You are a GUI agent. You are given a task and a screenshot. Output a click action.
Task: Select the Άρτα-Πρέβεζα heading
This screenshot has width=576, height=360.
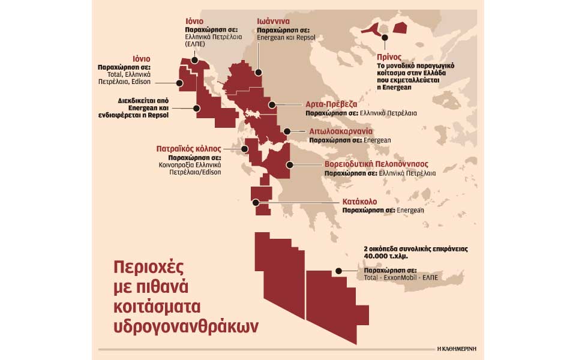pos(331,103)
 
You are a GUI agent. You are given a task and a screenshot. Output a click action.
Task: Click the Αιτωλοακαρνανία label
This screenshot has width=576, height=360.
pos(341,130)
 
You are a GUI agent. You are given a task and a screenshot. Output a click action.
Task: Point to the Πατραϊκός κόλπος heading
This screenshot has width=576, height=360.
pos(187,148)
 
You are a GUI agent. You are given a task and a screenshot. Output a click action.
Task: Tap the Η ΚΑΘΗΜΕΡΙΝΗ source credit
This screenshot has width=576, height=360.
pos(461,347)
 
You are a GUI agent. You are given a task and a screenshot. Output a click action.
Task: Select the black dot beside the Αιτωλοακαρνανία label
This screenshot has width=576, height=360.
pos(286,131)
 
